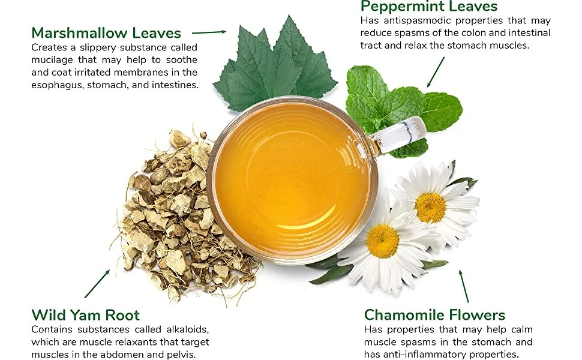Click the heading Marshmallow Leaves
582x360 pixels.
[x=106, y=32]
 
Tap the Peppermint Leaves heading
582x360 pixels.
[x=428, y=7]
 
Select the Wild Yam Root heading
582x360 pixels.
[x=85, y=315]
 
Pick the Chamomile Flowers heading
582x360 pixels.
[x=434, y=315]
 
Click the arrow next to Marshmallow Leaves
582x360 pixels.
[x=208, y=32]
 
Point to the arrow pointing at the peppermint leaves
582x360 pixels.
[x=436, y=71]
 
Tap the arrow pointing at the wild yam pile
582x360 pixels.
[x=97, y=283]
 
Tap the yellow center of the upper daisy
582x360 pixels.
[x=430, y=208]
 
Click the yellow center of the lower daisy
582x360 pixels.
[x=382, y=241]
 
